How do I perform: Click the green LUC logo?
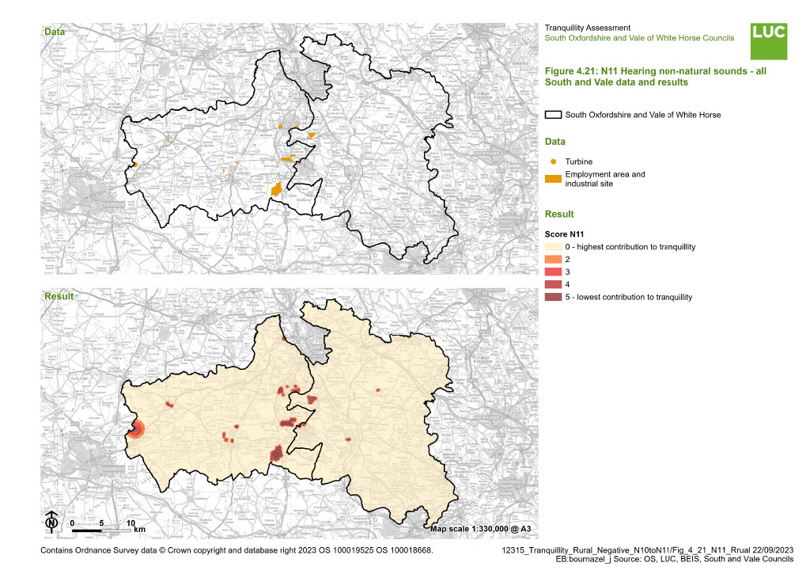click(769, 41)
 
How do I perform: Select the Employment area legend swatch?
click(553, 178)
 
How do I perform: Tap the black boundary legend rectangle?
click(553, 115)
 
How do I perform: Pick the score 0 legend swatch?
click(553, 247)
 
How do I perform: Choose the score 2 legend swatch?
click(553, 260)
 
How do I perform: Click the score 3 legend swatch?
click(553, 272)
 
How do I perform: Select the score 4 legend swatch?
click(553, 284)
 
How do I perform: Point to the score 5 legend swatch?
click(553, 297)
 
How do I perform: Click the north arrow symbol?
click(51, 522)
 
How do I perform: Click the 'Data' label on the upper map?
click(55, 32)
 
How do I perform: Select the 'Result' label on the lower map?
click(59, 296)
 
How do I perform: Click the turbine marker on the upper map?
click(135, 165)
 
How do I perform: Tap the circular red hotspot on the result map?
click(137, 430)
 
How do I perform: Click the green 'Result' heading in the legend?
click(559, 214)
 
